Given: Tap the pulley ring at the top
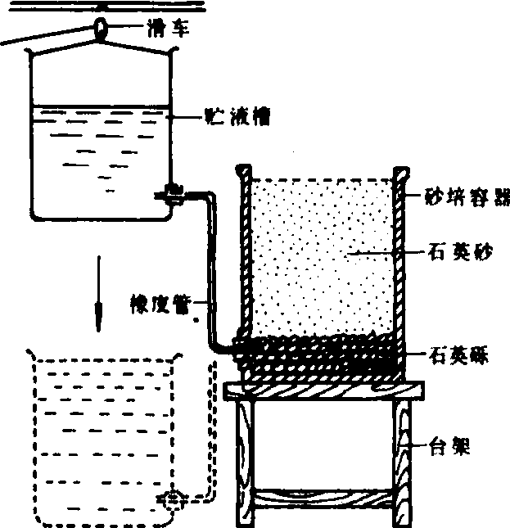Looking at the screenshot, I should pos(101,27).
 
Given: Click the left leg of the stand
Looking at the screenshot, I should pos(244,458).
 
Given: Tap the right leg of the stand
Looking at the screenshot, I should pos(406,458).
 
